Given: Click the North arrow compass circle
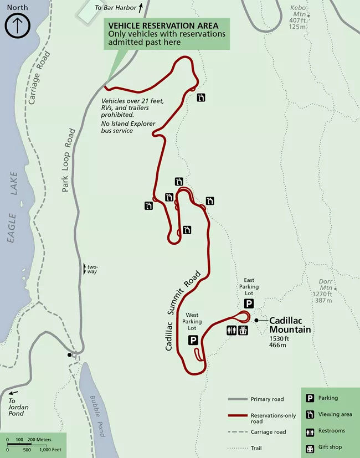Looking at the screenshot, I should pyautogui.click(x=17, y=25).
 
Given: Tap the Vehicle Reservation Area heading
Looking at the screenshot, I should pyautogui.click(x=167, y=25).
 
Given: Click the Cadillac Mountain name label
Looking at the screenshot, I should pyautogui.click(x=290, y=325).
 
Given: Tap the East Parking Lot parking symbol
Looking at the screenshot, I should pyautogui.click(x=249, y=303).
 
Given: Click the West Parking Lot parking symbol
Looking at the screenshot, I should pyautogui.click(x=194, y=340).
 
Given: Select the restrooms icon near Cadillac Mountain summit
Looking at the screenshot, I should pyautogui.click(x=233, y=330).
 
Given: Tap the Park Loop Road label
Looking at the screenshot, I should pyautogui.click(x=69, y=161).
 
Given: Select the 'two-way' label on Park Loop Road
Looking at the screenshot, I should pyautogui.click(x=91, y=269).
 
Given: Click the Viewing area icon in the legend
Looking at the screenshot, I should pyautogui.click(x=311, y=414).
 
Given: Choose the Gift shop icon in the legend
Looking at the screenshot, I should pyautogui.click(x=311, y=447).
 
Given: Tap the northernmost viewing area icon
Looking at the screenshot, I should pyautogui.click(x=201, y=97).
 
